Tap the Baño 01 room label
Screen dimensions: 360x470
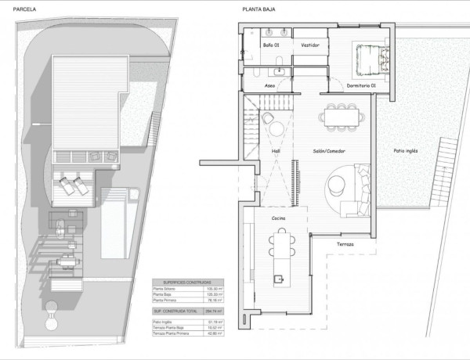(x=271, y=46)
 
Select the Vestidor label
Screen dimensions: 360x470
(x=310, y=46)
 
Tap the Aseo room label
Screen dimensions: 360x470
(x=269, y=84)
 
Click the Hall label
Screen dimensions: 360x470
(x=276, y=151)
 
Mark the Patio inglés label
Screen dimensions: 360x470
(x=406, y=151)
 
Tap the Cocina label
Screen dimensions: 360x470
(x=278, y=218)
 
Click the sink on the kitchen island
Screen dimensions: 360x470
(x=277, y=276)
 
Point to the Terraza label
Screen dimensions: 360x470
(x=345, y=245)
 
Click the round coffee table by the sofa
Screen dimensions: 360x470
(x=338, y=184)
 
